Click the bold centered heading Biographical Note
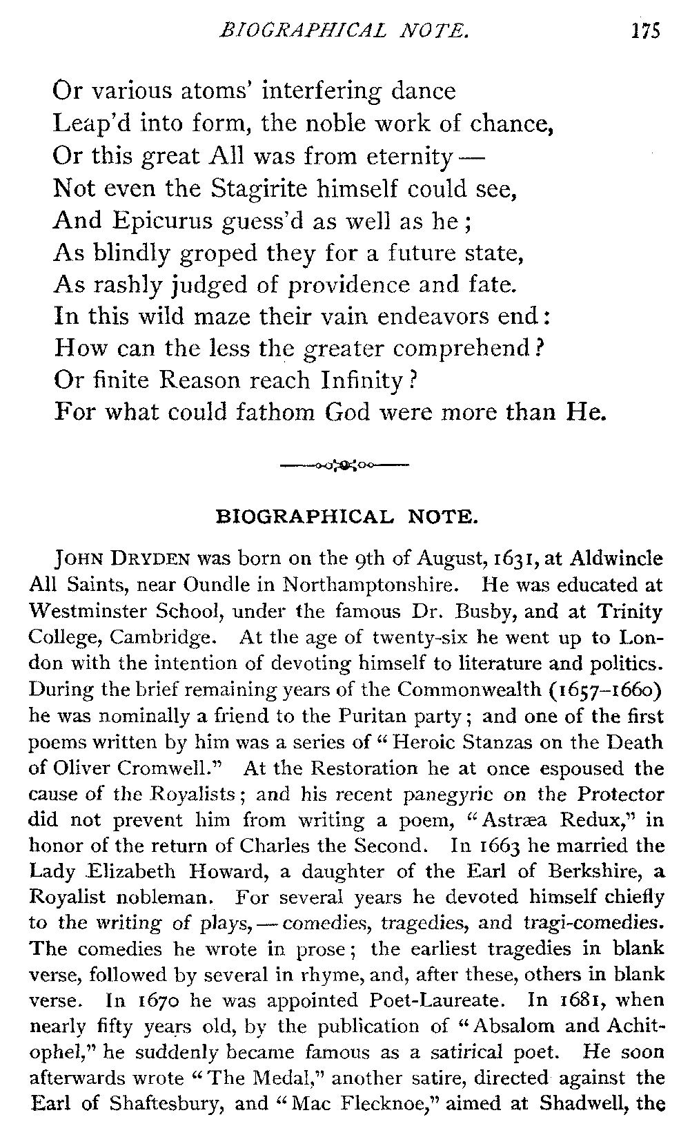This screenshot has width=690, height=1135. [x=346, y=516]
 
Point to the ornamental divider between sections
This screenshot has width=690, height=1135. [x=345, y=465]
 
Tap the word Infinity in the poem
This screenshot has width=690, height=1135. [x=361, y=380]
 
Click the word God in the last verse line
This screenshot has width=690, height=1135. [x=348, y=411]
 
